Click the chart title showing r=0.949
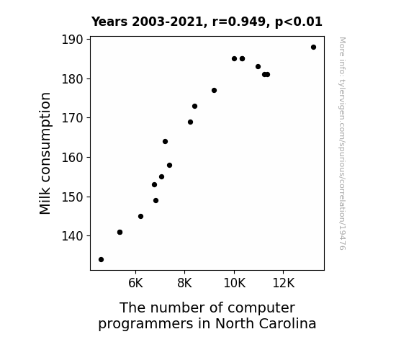point(207,22)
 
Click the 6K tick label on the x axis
point(135,283)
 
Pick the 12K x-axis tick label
point(283,283)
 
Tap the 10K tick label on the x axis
point(234,283)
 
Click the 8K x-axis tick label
point(184,283)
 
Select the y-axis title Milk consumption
point(45,153)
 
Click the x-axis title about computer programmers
point(207,315)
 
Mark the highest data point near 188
point(313,48)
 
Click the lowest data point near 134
point(101,260)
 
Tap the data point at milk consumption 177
point(214,91)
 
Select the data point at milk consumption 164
point(166,142)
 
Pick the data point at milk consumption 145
point(140,216)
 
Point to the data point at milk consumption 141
point(120,232)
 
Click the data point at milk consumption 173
point(195,106)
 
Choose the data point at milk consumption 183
point(258,67)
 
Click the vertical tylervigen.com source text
point(342,143)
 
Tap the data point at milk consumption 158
point(169,166)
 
